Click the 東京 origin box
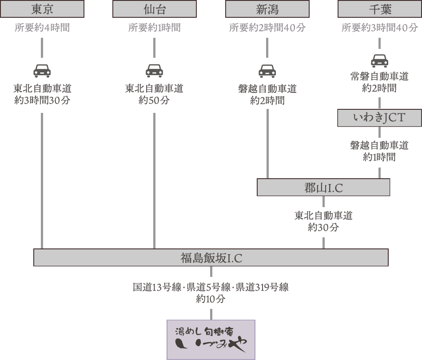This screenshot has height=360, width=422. point(43,9)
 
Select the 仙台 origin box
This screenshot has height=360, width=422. point(154,9)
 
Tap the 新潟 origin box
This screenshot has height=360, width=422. point(267,9)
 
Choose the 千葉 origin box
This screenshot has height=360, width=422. point(380,9)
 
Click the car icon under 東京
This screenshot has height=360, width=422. point(42,71)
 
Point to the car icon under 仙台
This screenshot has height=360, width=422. point(154,71)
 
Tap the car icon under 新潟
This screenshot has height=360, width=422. point(267,71)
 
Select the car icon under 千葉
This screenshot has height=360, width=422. point(379,60)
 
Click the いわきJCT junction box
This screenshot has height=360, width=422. point(379,118)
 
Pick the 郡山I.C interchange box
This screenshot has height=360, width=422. point(323,188)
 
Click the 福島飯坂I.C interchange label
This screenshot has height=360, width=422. point(211,257)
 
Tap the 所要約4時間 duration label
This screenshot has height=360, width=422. point(42,28)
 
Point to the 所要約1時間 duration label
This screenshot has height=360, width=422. point(154,28)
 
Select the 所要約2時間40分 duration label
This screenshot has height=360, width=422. point(267,28)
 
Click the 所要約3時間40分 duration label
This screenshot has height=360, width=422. point(380,28)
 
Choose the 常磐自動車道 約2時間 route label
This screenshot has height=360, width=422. point(379,82)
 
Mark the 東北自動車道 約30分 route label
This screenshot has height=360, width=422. point(323,221)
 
